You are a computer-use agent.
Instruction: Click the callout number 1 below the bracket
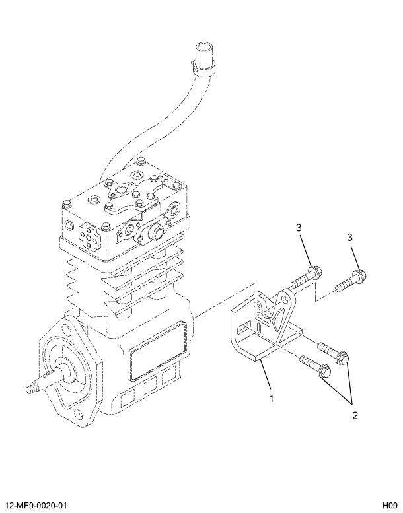click(x=270, y=398)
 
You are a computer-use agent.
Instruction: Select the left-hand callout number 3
click(x=299, y=228)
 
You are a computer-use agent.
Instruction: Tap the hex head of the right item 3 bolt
click(x=360, y=275)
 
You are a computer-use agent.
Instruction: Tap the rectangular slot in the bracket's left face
click(x=246, y=325)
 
